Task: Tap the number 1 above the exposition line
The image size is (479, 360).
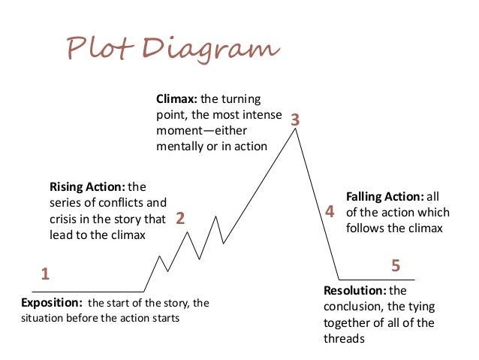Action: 44,274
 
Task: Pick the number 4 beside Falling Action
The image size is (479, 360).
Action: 328,213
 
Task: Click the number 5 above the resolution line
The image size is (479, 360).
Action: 396,266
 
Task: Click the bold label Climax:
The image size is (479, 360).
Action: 176,98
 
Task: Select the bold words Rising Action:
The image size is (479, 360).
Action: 87,186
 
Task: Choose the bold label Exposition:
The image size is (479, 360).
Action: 51,303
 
